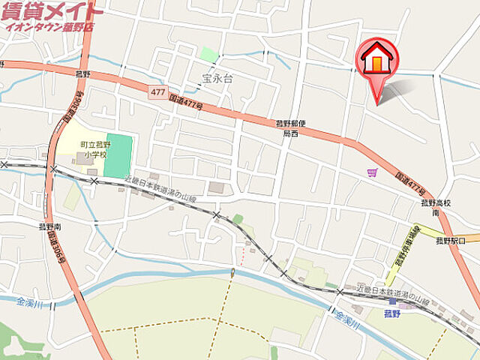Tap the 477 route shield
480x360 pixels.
(157, 91)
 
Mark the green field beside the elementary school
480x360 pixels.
(118, 156)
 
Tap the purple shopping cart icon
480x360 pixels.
(372, 173)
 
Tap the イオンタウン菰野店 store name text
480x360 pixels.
(49, 27)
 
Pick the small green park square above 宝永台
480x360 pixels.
(209, 54)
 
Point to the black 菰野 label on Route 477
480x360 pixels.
(82, 73)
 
